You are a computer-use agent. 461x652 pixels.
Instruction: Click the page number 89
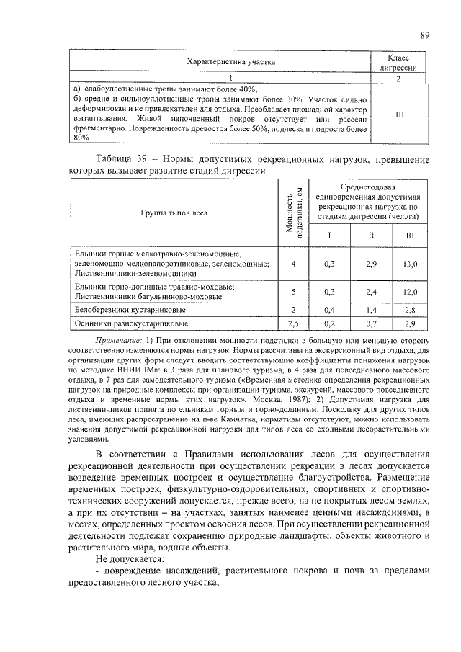coord(425,35)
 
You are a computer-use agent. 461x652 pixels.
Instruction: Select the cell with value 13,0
coord(410,264)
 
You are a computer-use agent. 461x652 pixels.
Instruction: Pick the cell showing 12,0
coord(410,292)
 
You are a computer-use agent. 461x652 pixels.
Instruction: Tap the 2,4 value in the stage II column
coord(372,292)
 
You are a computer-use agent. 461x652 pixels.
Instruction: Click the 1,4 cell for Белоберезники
coord(372,310)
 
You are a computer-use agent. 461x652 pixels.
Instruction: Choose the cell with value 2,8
coord(410,310)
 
